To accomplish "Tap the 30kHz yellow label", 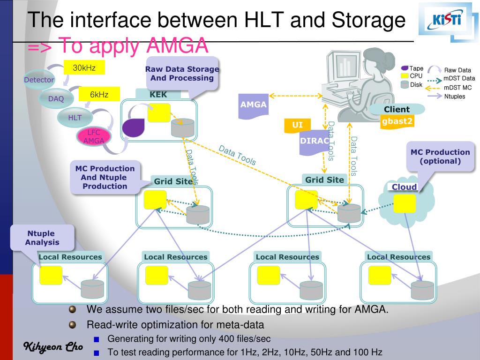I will tap(84, 68).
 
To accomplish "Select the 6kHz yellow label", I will tap(99, 95).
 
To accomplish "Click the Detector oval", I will tap(39, 80).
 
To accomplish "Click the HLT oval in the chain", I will tap(75, 117).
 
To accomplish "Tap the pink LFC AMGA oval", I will tap(94, 136).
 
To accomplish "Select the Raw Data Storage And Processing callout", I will tap(182, 74).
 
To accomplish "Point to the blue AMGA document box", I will tap(254, 105).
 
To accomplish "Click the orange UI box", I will tap(298, 125).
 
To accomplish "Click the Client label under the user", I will tap(397, 109).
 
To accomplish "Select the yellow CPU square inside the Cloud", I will tap(405, 203).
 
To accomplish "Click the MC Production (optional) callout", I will tap(440, 157).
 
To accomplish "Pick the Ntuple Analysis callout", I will tap(42, 238).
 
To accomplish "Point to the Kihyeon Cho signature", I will tap(53, 347).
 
